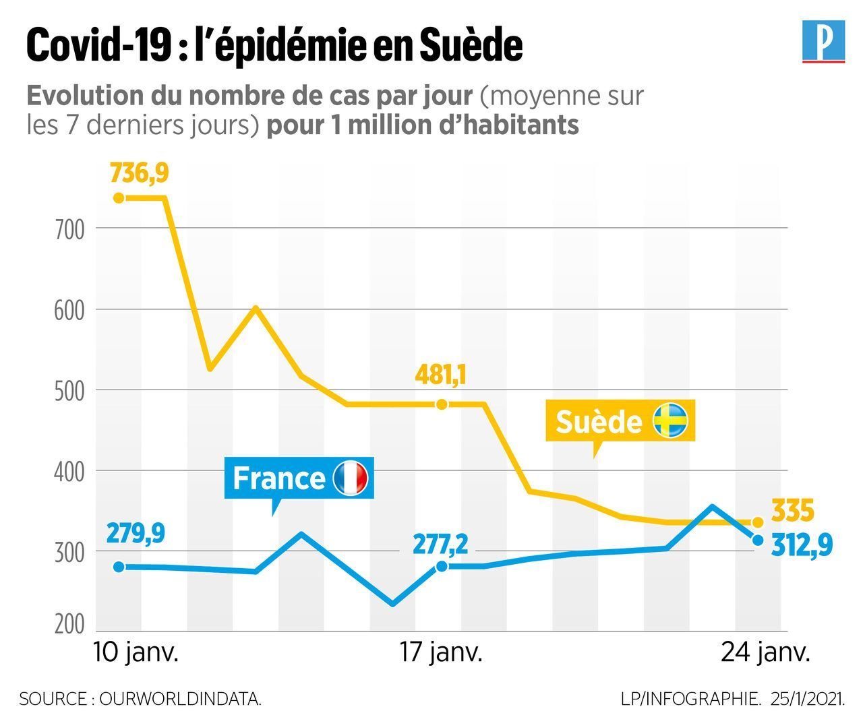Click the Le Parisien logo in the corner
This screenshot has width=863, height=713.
coord(823,42)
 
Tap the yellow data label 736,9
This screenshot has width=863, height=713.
coord(139,173)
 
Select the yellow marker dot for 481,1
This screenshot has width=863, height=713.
coord(442,404)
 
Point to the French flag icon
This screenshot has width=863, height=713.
coord(351,478)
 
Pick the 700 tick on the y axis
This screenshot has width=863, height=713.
coord(69,230)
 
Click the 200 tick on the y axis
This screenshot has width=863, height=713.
coord(69,624)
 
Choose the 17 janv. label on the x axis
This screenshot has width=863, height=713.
coord(441,653)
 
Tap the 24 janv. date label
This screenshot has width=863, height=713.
coord(765,653)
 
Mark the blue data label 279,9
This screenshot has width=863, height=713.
coord(135,534)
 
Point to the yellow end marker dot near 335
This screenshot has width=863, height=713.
coord(757,522)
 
